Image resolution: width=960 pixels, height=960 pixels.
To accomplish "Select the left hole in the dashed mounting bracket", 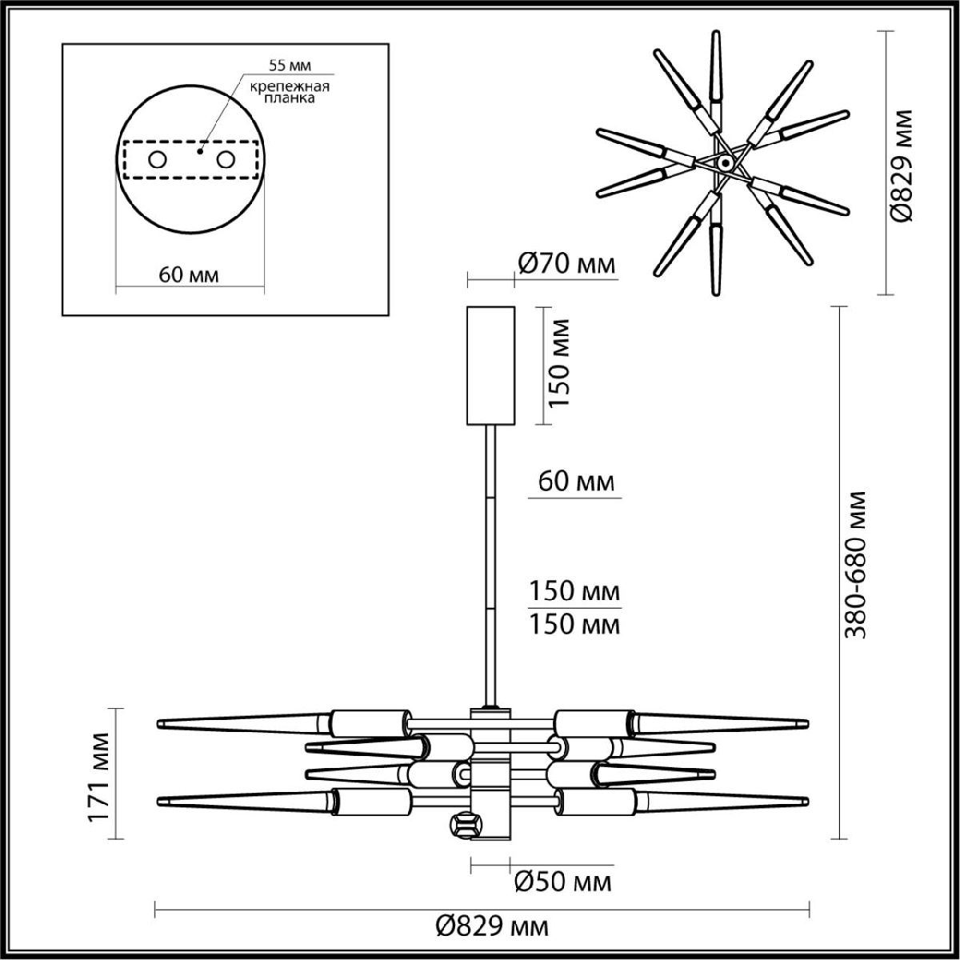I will point(158,160).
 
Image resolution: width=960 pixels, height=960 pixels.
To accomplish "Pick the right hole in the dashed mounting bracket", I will point(226,160).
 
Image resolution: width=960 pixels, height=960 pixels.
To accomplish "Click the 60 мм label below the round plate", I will point(189,274).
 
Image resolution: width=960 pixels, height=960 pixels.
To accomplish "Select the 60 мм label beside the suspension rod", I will point(574,482).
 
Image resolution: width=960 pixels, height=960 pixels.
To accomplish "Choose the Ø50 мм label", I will point(562,882).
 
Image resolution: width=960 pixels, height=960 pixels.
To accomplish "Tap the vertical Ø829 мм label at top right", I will point(902,166).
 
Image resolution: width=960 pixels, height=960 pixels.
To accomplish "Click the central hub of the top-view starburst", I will point(725,162).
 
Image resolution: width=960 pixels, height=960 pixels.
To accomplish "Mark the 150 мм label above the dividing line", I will point(574,591).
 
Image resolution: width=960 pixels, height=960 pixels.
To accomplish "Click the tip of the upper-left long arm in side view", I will point(162,723).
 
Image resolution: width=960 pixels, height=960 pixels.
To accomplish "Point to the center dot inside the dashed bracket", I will point(200,149).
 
